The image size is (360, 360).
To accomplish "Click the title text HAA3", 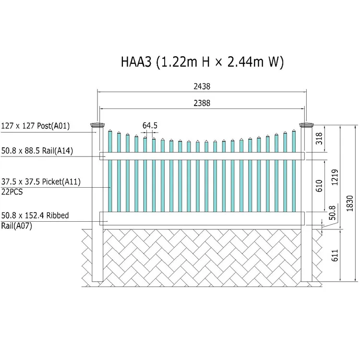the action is pyautogui.click(x=136, y=62).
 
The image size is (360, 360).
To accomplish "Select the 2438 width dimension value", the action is pyautogui.click(x=202, y=86).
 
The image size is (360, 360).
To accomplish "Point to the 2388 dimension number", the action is pyautogui.click(x=202, y=103).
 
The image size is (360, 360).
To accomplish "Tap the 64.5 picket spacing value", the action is pyautogui.click(x=150, y=126).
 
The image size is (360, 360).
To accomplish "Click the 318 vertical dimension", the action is pyautogui.click(x=319, y=138).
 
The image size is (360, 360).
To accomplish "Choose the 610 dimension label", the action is pyautogui.click(x=319, y=186).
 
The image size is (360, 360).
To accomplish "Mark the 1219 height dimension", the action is pyautogui.click(x=335, y=177).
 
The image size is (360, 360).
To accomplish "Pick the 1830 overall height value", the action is pyautogui.click(x=349, y=204).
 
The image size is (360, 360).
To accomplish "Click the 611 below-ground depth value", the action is pyautogui.click(x=335, y=255).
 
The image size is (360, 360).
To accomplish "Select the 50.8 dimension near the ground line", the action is pyautogui.click(x=332, y=213).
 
